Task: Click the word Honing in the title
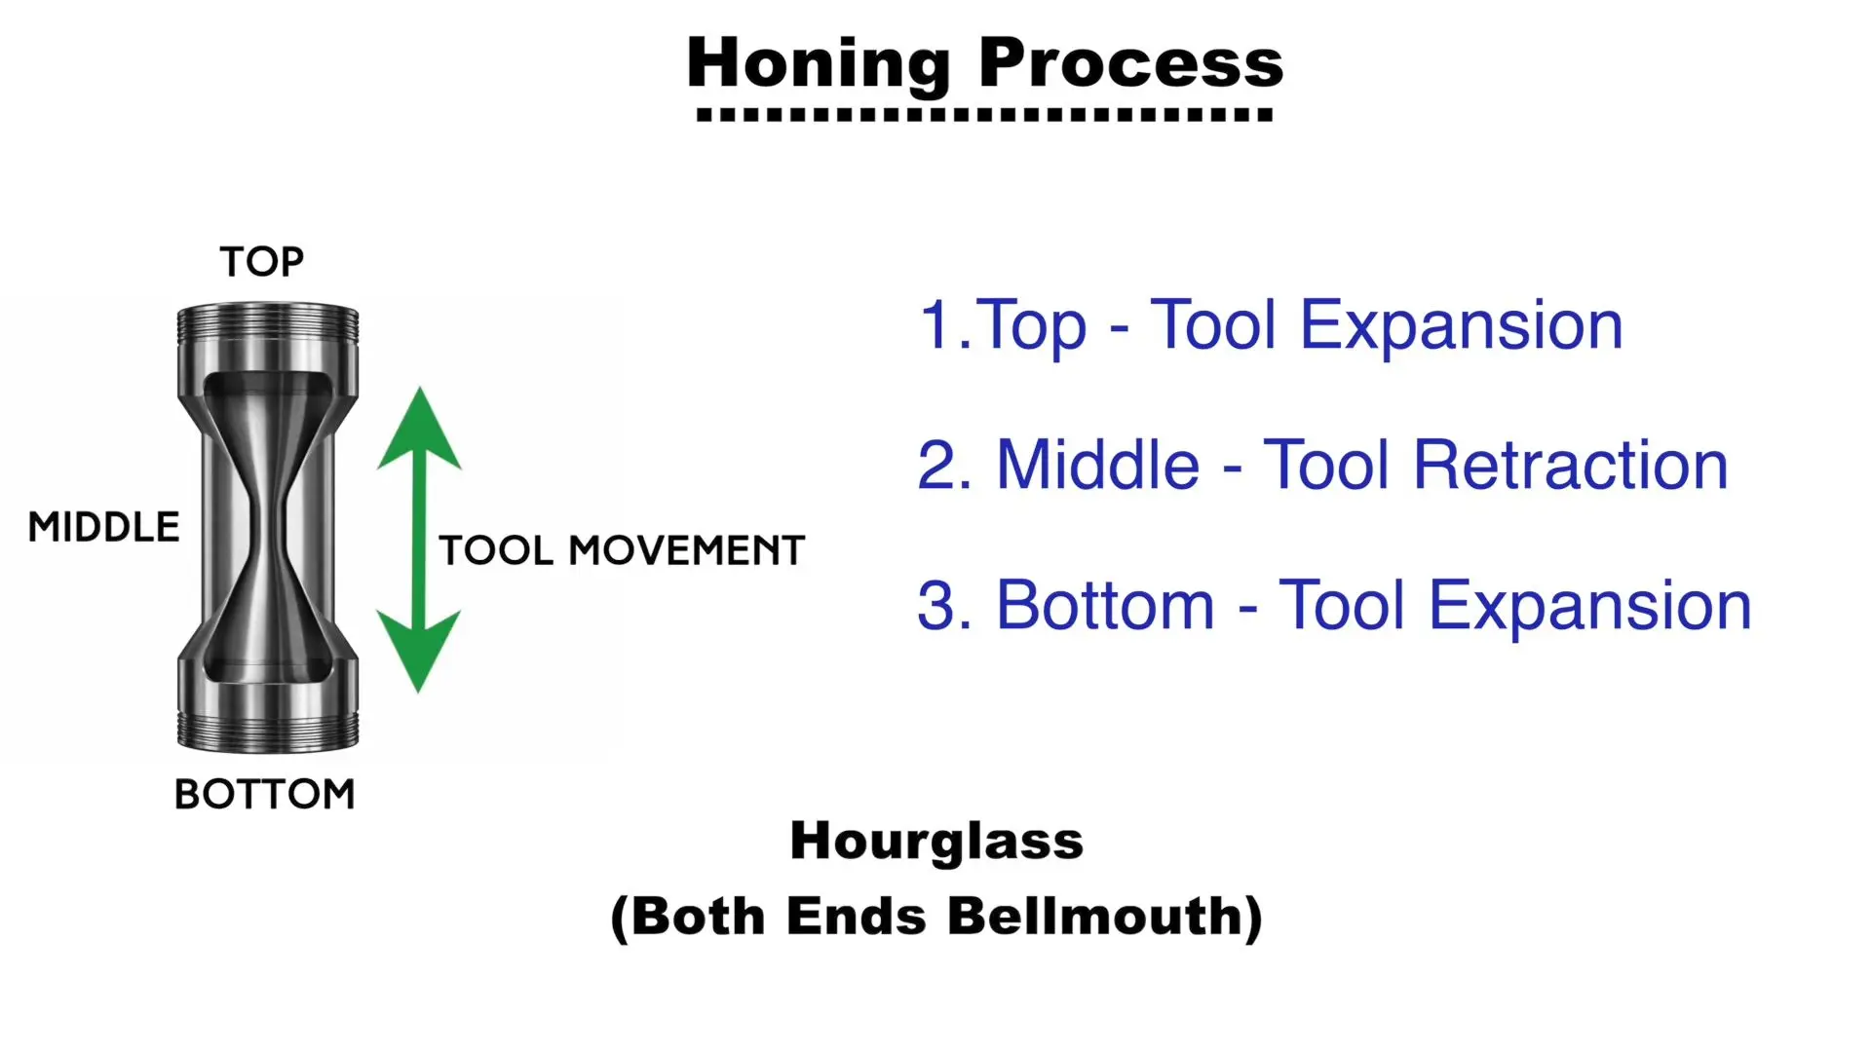(x=819, y=64)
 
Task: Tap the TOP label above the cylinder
(x=261, y=261)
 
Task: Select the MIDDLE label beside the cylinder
(x=103, y=527)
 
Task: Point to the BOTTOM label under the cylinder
(x=264, y=794)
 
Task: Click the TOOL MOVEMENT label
(x=622, y=550)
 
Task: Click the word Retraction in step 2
(x=1571, y=465)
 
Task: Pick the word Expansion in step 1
(x=1462, y=327)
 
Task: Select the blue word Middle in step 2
(x=1098, y=465)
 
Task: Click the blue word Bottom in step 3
(x=1105, y=605)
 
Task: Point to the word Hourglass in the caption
(x=936, y=842)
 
